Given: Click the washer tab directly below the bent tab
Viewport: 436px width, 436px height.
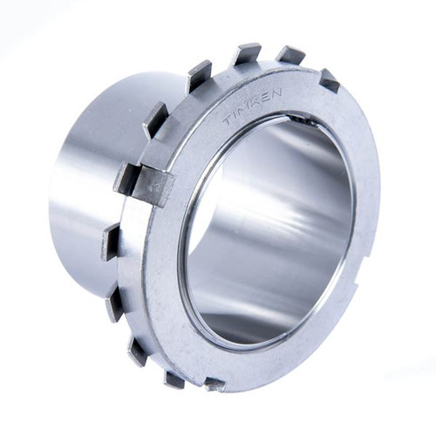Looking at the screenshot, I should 111,242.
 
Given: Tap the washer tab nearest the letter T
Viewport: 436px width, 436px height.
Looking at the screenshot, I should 198,77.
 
